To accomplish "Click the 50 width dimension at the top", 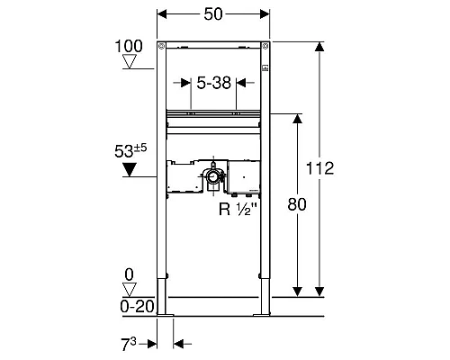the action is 213,14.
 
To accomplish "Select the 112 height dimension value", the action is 319,168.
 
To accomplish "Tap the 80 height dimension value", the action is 297,204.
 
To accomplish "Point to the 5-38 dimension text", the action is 214,83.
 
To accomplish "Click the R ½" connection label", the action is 238,209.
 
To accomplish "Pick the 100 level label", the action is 129,46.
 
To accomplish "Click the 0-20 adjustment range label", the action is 137,307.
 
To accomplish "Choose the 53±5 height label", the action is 130,151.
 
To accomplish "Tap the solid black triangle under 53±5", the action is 130,169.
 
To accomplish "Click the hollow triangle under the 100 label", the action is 130,61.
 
